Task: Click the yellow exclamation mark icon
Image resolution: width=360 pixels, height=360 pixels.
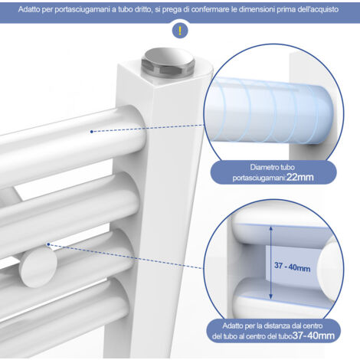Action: click(x=180, y=31)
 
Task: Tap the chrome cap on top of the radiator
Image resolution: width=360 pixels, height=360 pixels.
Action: click(x=168, y=63)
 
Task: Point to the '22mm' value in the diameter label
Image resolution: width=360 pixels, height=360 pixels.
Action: click(x=300, y=177)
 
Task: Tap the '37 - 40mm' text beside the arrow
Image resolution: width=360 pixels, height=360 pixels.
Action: click(x=293, y=267)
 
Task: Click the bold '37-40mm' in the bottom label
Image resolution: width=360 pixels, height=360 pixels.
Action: click(x=313, y=335)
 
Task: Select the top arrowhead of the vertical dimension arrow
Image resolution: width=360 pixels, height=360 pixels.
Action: click(x=271, y=228)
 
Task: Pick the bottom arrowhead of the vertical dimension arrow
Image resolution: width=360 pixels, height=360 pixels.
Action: click(x=271, y=296)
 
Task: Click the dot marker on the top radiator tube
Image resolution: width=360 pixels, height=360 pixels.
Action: click(x=92, y=132)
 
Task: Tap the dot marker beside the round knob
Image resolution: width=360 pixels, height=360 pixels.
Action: click(x=48, y=244)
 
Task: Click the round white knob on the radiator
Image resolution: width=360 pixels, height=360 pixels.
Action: click(x=38, y=267)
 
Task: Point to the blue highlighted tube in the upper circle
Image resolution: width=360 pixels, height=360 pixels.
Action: click(x=270, y=110)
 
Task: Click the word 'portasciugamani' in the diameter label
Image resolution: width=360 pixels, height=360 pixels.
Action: click(x=258, y=178)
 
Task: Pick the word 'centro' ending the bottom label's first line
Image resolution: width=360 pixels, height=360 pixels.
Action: click(x=313, y=326)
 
